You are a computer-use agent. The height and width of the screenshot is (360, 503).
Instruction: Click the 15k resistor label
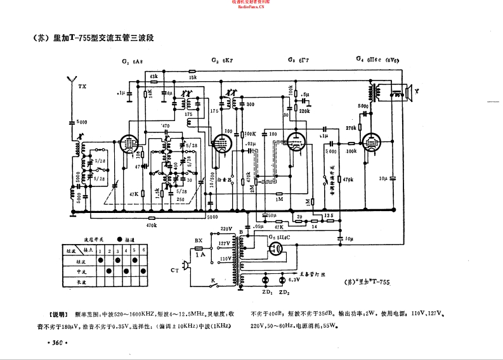[x=193, y=77]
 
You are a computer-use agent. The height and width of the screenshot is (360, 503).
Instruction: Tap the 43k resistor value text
[x=154, y=76]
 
